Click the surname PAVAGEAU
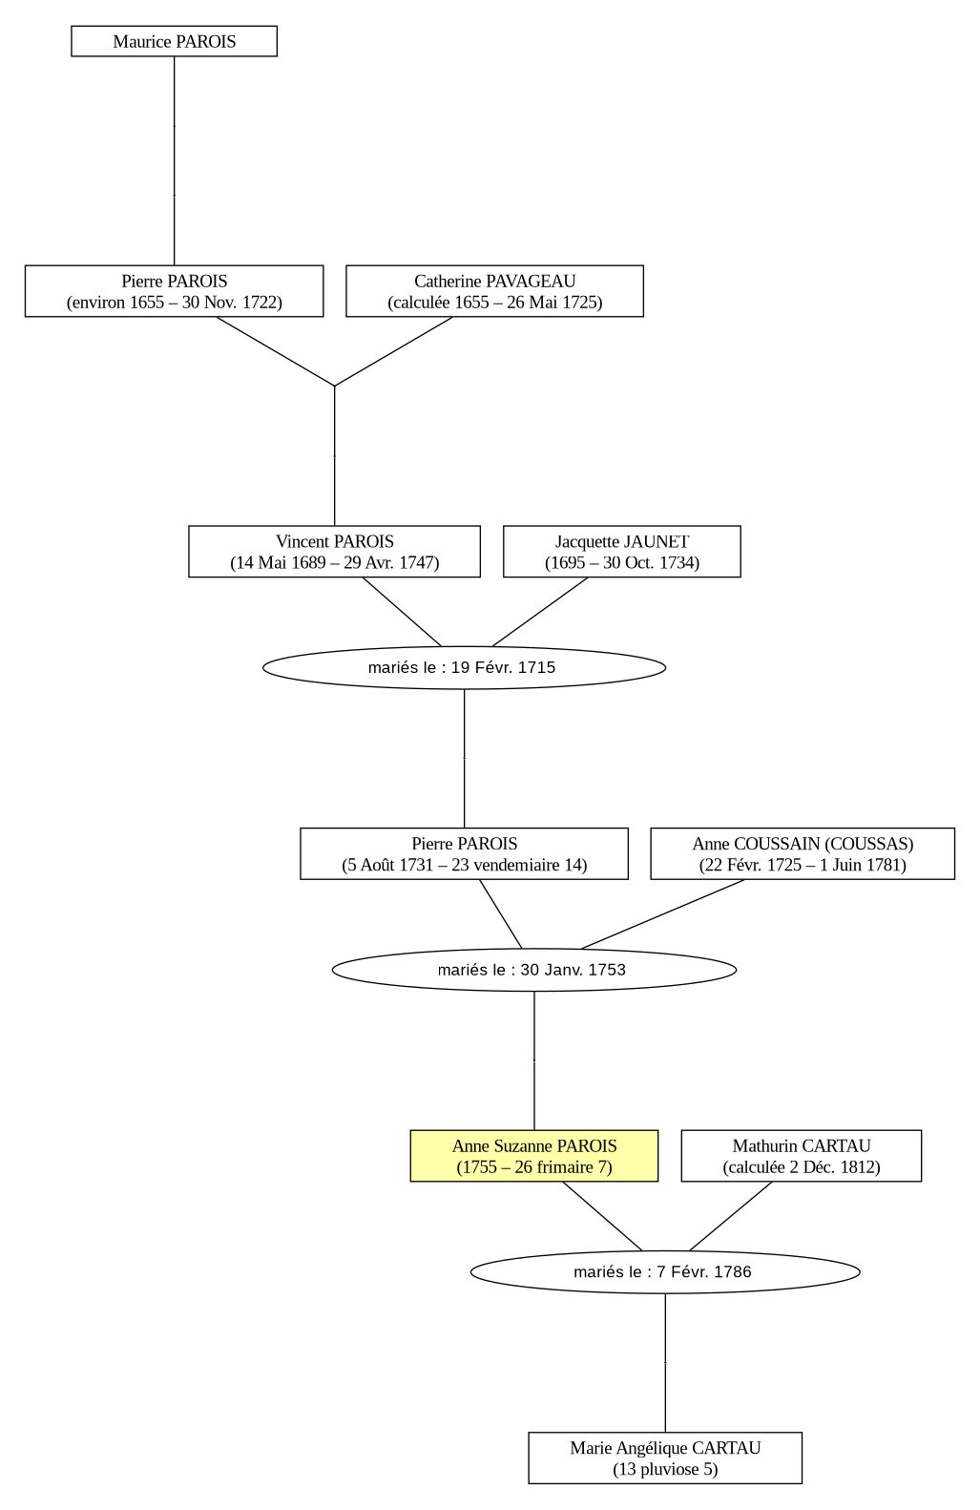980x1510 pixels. coord(531,281)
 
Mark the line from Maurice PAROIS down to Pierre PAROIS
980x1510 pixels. coord(174,160)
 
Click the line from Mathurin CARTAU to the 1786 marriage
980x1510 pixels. coord(731,1216)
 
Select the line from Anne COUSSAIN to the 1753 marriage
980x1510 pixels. coord(662,914)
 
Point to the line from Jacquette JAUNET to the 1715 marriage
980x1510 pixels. coord(540,612)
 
